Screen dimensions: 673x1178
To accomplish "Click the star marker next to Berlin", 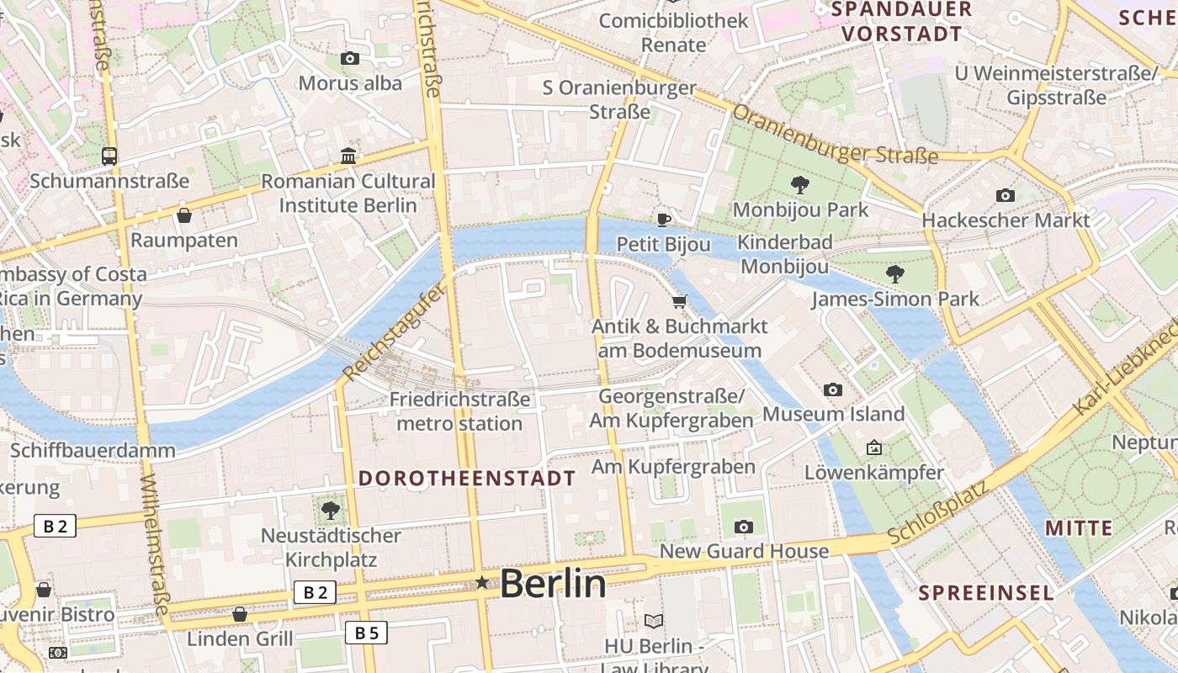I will coord(482,582).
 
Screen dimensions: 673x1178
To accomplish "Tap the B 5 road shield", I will coord(366,633).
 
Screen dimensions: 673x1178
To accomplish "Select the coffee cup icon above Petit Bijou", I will coord(664,220).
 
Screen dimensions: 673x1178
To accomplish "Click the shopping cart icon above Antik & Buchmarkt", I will coord(680,301).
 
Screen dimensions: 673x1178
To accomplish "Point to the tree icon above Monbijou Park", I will coord(799,184).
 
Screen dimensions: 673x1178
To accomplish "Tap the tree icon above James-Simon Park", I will coord(895,273).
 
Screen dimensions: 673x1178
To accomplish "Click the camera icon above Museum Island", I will coord(833,389).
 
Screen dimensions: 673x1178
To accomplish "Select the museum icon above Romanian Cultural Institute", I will coord(348,156).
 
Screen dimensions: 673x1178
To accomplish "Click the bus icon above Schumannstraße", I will coord(109,156).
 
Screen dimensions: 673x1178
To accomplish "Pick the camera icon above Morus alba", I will coord(350,58).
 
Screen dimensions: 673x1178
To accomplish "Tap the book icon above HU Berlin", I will coord(654,621).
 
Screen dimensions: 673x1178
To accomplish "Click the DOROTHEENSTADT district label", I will coord(467,479).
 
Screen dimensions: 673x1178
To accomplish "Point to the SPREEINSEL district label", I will coord(985,592).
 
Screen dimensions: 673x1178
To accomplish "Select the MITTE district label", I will coord(1079,528).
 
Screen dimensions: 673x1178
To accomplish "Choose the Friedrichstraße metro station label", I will coord(459,411).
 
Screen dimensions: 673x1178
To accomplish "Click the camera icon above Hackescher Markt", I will coord(1006,195).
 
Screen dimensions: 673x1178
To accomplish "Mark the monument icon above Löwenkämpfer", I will coord(874,448).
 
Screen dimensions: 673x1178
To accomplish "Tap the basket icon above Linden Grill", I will coord(240,614).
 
